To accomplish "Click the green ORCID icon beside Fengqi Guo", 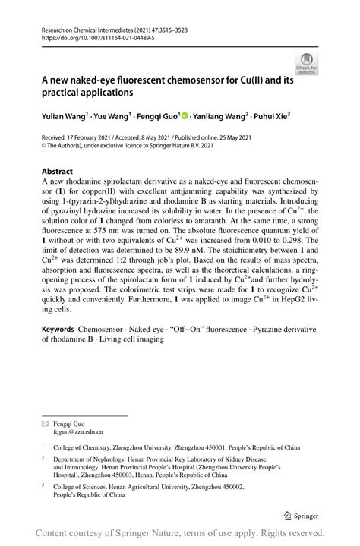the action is coord(184,116).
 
